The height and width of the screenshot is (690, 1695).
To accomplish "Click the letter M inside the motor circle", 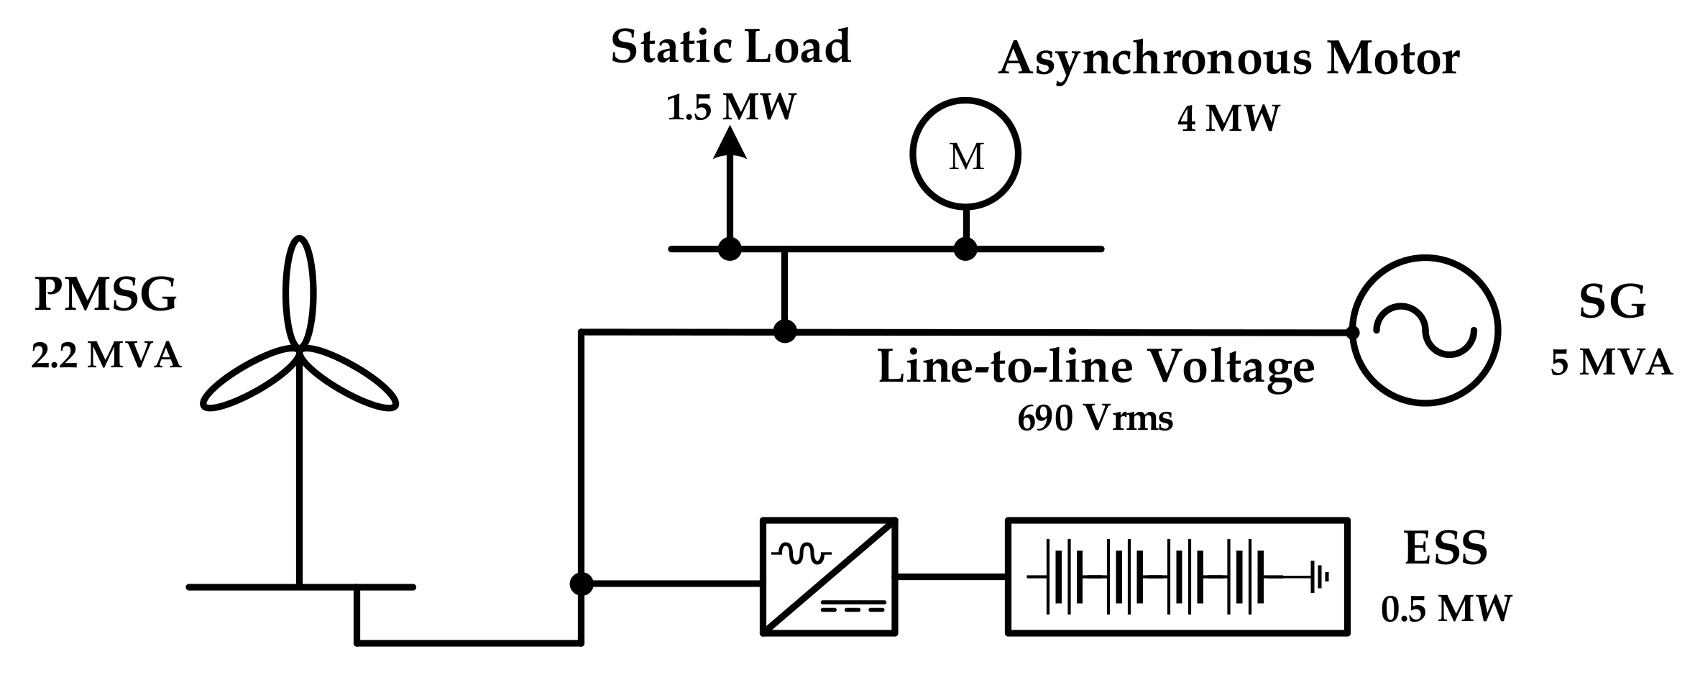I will [965, 157].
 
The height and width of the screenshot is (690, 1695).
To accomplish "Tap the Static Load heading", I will [730, 47].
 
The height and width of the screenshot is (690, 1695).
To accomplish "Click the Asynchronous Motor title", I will [1228, 59].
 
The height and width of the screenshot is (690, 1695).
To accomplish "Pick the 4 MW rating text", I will [1228, 119].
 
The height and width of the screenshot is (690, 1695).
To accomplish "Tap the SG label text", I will [1612, 302].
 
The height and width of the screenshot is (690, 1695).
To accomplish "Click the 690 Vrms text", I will [1095, 418].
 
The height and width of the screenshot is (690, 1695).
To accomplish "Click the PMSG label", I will [106, 295].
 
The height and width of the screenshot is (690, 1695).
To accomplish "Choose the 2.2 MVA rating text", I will [106, 356].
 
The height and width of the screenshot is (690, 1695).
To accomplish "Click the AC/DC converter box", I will [829, 576].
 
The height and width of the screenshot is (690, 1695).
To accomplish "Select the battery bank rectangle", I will [1177, 576].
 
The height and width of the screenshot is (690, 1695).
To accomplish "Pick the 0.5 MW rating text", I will [1446, 609].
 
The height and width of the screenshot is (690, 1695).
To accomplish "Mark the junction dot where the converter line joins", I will [581, 584].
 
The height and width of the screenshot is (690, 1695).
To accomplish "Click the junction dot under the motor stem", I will [965, 249].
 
